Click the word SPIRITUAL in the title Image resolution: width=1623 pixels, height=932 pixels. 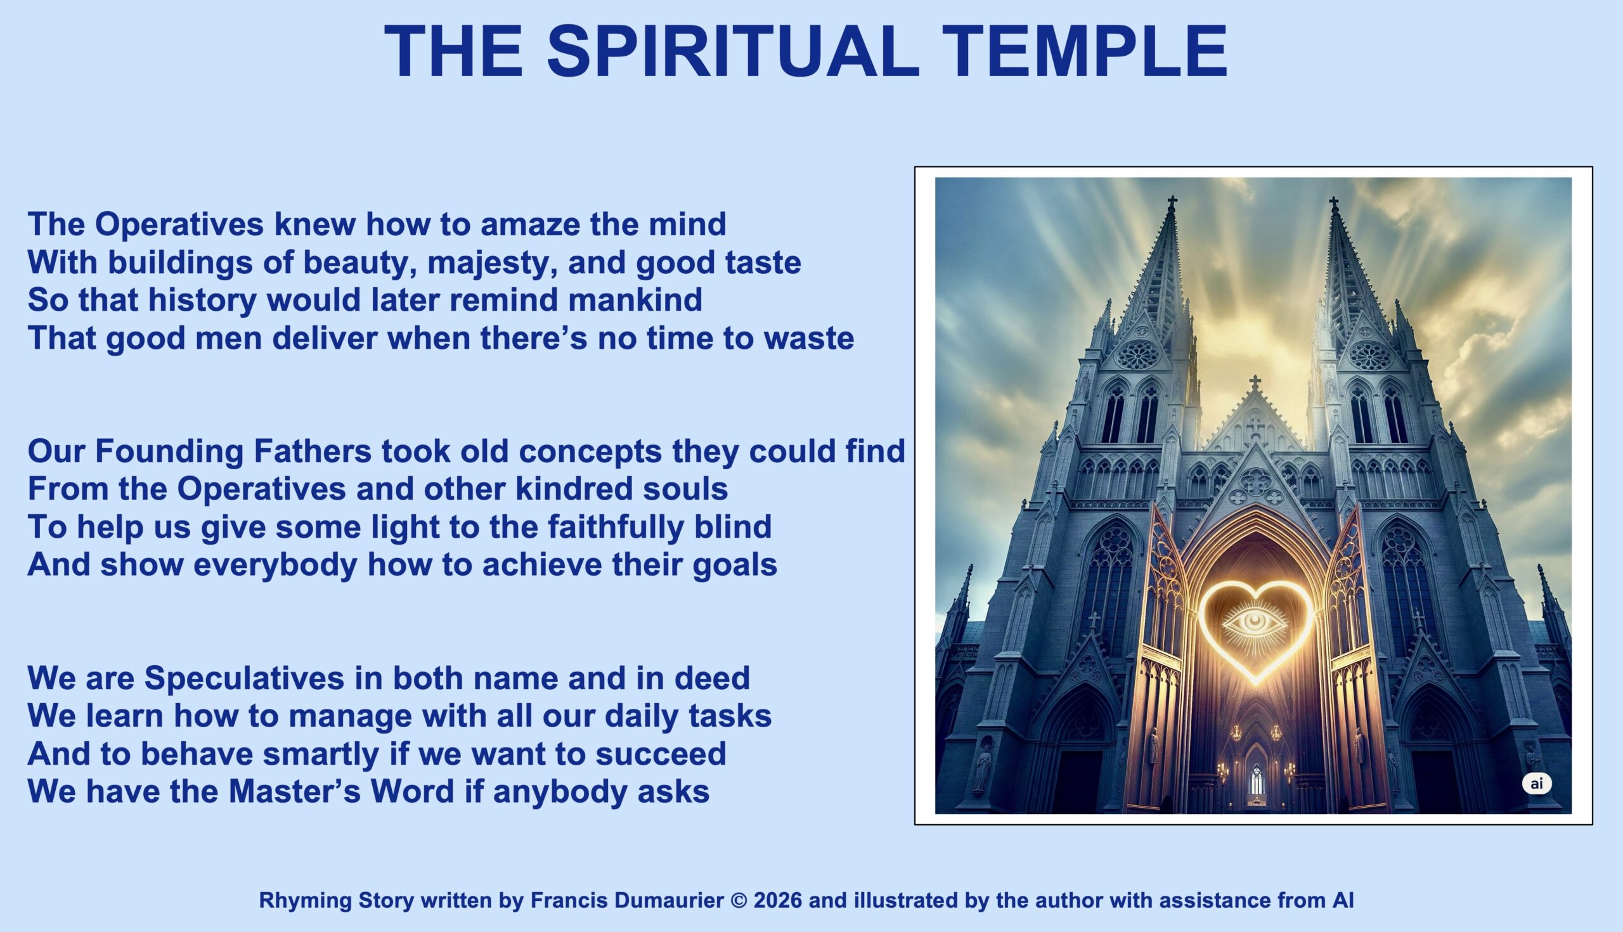(x=733, y=51)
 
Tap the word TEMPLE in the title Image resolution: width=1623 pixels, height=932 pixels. (x=1084, y=51)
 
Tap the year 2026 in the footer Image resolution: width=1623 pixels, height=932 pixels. (x=777, y=901)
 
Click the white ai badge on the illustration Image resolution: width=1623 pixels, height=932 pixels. (x=1537, y=784)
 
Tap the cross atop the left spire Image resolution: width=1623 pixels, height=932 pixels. (x=1172, y=204)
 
